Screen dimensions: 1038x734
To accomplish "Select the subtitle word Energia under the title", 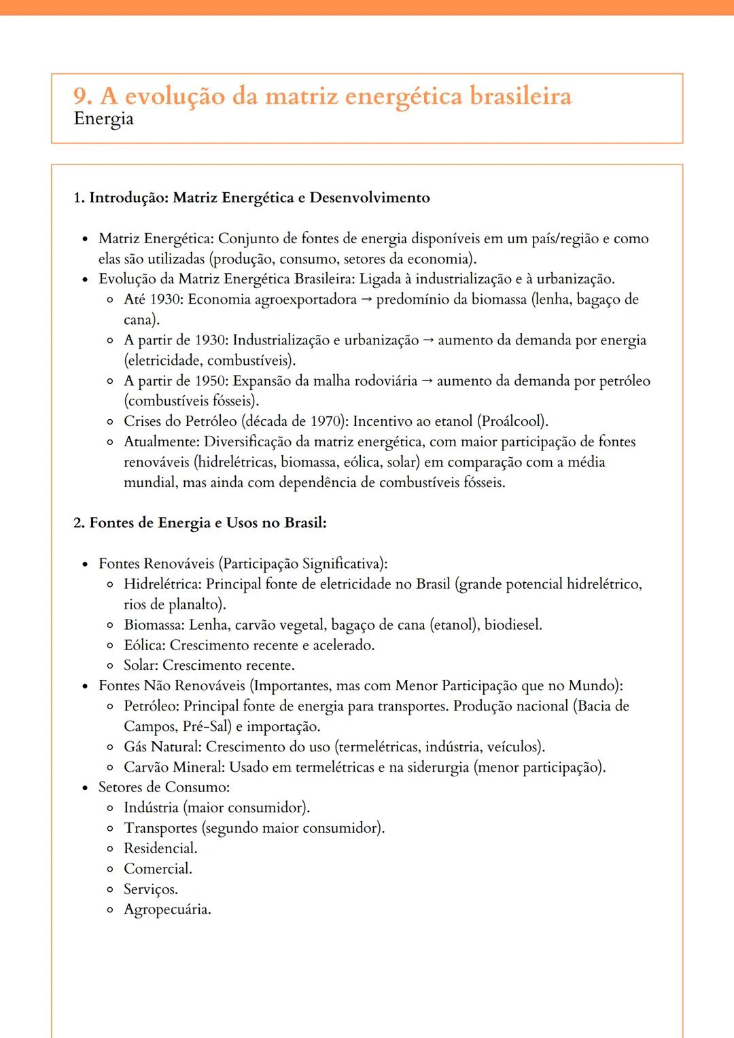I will pos(103,119).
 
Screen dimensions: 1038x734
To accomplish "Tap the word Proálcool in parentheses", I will pos(514,421).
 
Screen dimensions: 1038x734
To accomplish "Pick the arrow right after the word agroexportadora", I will pos(366,300).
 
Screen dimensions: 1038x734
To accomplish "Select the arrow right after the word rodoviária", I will pos(427,381).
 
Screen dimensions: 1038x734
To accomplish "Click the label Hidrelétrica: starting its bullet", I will pos(162,584).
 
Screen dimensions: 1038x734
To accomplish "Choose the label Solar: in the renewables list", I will pos(141,666).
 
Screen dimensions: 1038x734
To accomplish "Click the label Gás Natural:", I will pos(162,747).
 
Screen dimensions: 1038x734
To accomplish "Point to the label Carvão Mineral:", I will pos(174,768).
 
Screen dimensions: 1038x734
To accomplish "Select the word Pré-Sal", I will pos(207,727).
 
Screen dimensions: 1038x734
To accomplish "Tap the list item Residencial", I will pos(160,848).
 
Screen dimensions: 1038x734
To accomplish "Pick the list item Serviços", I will pos(150,889).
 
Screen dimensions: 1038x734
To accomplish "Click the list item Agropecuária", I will pos(167,910).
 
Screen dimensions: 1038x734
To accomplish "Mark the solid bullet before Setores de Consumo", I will pos(85,788).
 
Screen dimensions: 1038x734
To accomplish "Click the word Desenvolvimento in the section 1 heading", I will pos(370,198).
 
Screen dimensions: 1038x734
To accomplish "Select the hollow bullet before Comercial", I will pos(110,870).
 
